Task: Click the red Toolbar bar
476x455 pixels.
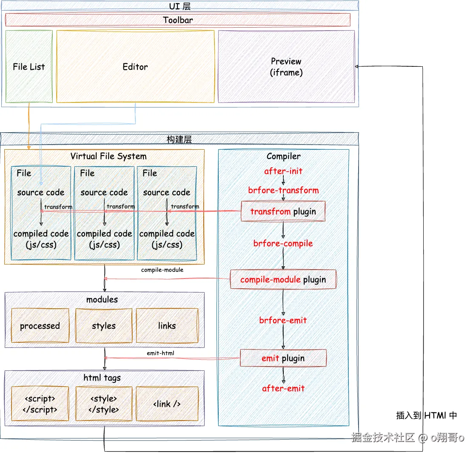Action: (x=178, y=20)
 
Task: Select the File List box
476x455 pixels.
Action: (x=29, y=67)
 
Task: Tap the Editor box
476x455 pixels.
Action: (x=135, y=67)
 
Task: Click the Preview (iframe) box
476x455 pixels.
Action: (x=286, y=67)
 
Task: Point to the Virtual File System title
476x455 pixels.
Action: (x=108, y=156)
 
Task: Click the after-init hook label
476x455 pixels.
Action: (x=283, y=171)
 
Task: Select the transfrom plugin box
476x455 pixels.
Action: (x=283, y=211)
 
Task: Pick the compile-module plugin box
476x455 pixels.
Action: (x=283, y=279)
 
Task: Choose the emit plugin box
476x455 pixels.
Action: (x=283, y=358)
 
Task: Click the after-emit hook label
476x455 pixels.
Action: (x=283, y=388)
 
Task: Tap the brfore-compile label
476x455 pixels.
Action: (x=283, y=244)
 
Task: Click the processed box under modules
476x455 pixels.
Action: (x=40, y=326)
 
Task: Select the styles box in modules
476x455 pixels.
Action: (x=104, y=326)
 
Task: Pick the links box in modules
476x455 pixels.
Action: (x=167, y=326)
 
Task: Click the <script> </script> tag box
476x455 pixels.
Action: (x=40, y=404)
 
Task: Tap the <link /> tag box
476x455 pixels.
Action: (x=167, y=404)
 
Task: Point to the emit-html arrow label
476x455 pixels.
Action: (x=160, y=353)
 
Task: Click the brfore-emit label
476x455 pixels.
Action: (x=283, y=320)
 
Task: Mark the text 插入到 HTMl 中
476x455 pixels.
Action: (x=426, y=415)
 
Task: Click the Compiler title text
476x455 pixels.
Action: (x=283, y=156)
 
